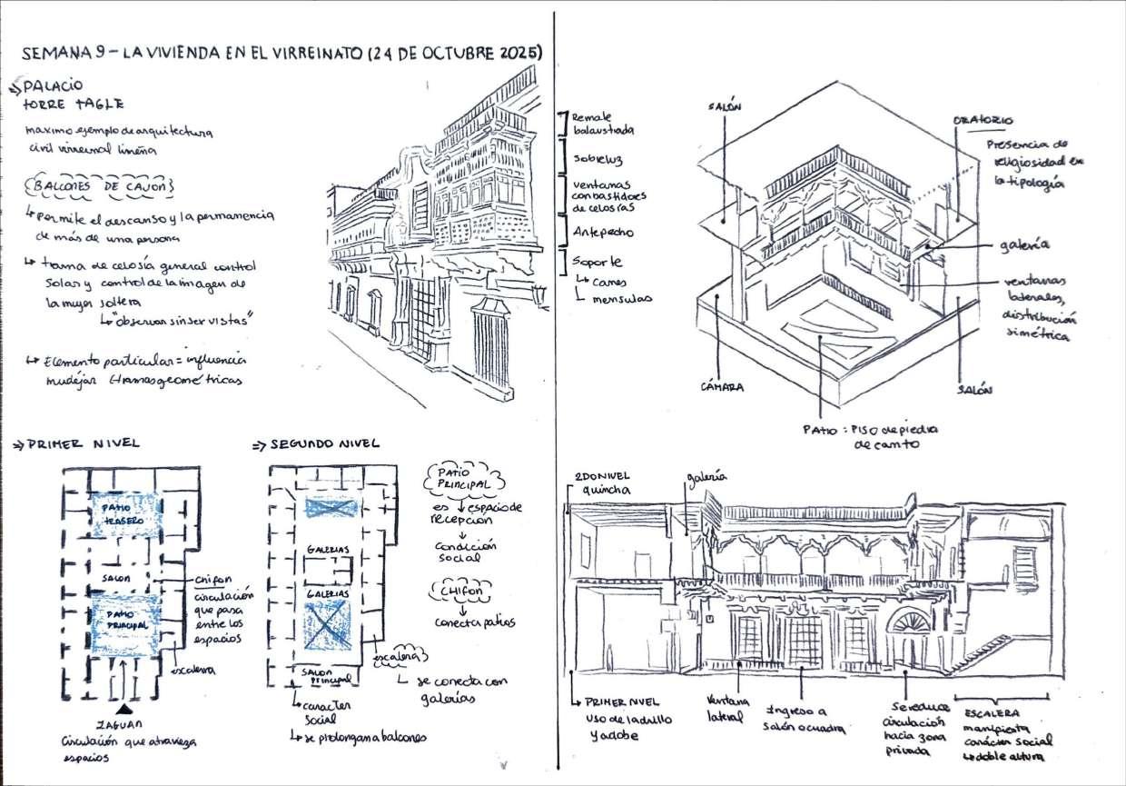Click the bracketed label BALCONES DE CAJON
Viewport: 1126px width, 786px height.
100,186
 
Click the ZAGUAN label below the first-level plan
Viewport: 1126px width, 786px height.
124,723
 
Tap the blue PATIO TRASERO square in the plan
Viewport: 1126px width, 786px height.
122,513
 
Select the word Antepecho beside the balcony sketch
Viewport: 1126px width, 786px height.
602,232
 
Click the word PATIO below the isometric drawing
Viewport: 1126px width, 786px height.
820,428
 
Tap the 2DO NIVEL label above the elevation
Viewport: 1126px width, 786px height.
603,477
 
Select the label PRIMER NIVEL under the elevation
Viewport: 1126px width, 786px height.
622,703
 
